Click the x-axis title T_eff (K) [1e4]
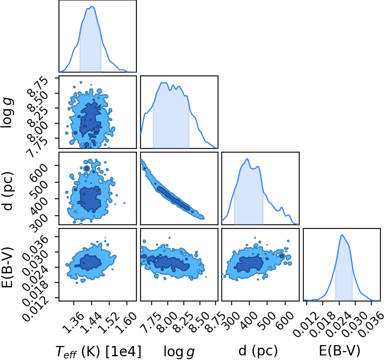(x=99, y=351)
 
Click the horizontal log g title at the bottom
(x=179, y=352)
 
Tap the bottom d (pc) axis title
(x=258, y=351)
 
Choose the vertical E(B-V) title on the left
(x=7, y=267)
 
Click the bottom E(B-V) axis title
(x=340, y=351)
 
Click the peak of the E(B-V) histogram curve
(x=342, y=235)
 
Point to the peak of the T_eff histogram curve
(x=91, y=7)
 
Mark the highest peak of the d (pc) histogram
(x=247, y=159)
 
